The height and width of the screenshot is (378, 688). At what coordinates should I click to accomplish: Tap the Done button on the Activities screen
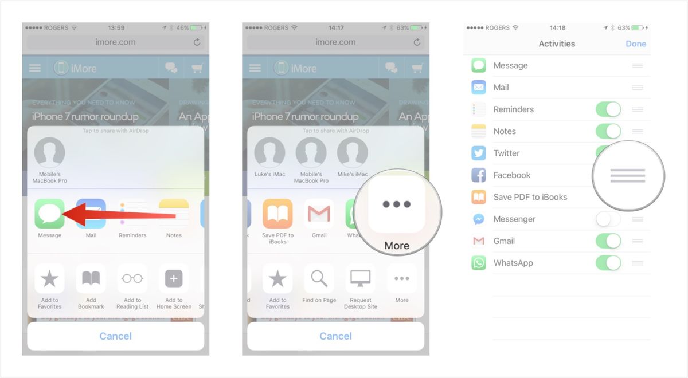tap(636, 44)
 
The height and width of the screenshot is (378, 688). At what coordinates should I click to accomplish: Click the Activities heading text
tap(557, 44)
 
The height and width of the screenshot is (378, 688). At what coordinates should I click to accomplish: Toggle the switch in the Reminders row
tap(608, 109)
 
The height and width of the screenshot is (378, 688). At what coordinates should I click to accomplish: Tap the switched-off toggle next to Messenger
tap(608, 219)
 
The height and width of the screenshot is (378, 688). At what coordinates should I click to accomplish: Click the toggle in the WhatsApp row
tap(608, 263)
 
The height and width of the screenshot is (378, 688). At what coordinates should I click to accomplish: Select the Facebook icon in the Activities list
tap(479, 175)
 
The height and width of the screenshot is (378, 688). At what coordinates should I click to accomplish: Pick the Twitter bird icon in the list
tap(479, 153)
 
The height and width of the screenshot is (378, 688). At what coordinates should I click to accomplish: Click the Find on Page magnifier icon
tap(319, 279)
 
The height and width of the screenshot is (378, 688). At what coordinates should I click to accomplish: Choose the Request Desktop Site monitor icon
tap(361, 279)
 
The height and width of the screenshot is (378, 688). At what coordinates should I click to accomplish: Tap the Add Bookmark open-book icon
tap(91, 279)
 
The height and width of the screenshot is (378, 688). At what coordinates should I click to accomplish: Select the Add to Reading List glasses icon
tap(132, 279)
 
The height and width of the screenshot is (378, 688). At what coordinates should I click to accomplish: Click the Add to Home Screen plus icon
tap(174, 279)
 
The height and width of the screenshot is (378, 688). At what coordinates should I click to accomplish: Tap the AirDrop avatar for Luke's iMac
tap(269, 153)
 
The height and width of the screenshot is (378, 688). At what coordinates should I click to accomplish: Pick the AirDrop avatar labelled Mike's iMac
tap(352, 153)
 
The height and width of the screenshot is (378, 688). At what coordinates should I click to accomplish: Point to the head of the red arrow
tap(62, 214)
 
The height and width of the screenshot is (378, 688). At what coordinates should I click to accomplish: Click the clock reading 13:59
tap(116, 27)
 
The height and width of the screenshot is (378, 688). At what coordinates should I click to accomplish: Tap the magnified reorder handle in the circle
tap(628, 176)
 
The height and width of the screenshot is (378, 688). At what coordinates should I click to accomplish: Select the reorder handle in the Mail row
tap(638, 88)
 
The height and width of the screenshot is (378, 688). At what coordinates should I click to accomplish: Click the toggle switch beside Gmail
tap(608, 241)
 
